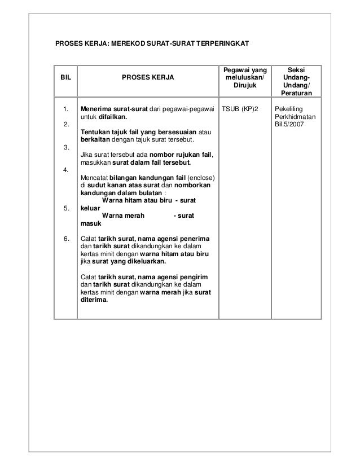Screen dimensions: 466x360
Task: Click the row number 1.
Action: [66, 109]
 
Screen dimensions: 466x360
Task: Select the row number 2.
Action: [66, 124]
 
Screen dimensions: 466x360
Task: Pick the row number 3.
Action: [66, 148]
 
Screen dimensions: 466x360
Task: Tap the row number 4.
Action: [66, 170]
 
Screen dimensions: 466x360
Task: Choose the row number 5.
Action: [66, 208]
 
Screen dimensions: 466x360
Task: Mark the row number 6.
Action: [66, 238]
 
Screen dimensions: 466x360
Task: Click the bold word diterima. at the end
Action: [94, 300]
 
